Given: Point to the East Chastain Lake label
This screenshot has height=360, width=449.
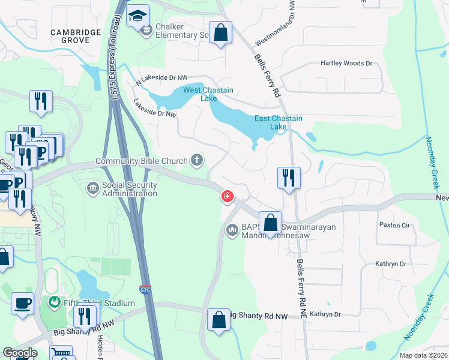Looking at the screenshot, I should click(279, 122).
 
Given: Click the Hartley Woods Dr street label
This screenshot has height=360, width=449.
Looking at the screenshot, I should click(346, 63).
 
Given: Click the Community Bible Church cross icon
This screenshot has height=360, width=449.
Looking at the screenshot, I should click(196, 160).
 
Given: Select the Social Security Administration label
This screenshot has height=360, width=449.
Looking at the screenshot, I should click(129, 189).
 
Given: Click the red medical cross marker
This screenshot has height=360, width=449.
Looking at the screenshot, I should click(228, 196).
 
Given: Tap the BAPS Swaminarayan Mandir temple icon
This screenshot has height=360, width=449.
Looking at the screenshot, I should click(232, 230).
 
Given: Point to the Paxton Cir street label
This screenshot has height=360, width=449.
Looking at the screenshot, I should click(394, 225).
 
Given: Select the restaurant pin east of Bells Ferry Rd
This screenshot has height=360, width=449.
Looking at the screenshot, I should click(289, 178).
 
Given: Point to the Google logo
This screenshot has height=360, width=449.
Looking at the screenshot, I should click(20, 353).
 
